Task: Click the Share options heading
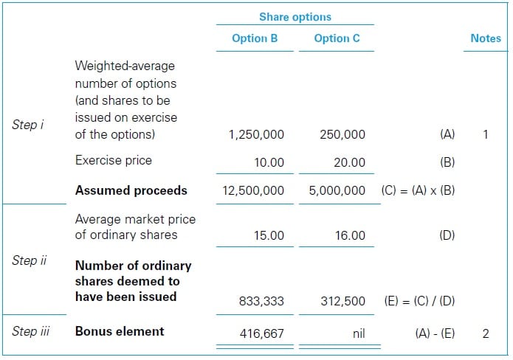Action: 295,16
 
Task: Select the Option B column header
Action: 255,38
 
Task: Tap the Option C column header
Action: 337,38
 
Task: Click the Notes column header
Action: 486,38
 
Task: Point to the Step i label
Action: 28,125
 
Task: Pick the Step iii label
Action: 31,331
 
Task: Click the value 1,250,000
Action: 256,135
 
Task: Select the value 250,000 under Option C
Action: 342,135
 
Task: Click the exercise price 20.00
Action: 351,162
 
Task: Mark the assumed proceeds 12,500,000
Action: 253,190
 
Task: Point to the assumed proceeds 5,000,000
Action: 337,190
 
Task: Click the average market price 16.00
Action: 351,235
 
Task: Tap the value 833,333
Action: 261,301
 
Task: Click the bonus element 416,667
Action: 261,333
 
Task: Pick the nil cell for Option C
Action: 358,333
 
